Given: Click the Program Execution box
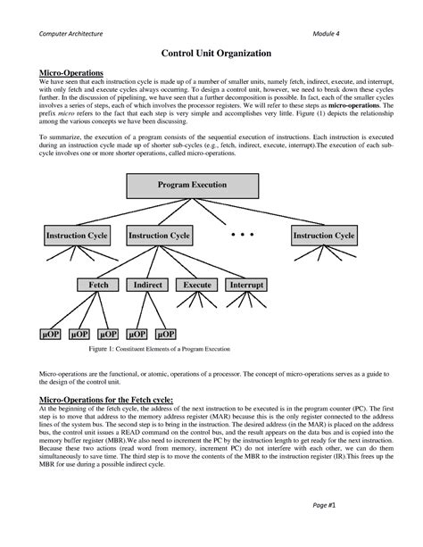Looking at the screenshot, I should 191,186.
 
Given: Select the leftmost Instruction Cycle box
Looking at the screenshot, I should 78,236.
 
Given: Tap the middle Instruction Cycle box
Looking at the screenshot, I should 160,236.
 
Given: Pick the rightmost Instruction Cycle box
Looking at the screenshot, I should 324,236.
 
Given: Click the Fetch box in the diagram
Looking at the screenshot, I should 98,286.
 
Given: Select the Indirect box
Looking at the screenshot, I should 147,286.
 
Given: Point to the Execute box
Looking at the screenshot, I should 197,286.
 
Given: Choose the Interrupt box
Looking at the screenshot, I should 246,286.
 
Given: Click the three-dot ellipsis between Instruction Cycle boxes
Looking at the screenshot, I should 242,234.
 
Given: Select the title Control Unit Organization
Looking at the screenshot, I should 211,54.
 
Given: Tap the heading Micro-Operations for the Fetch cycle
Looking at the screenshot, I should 106,400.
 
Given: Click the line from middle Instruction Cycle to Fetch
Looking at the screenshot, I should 127,262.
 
